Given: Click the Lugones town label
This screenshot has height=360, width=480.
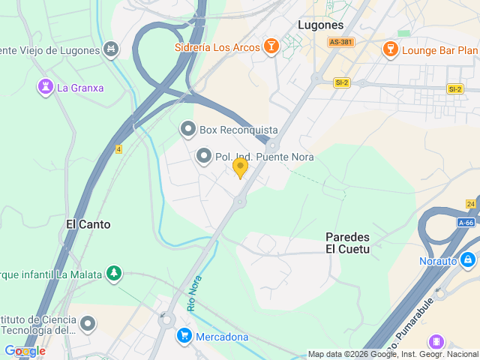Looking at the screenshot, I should [320, 25].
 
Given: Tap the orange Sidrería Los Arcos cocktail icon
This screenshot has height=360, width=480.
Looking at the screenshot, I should [271, 48].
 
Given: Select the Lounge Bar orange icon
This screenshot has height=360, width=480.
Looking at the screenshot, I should [389, 50].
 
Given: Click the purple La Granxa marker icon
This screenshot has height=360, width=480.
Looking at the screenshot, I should [45, 88].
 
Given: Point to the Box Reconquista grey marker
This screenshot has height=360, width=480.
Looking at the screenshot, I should [187, 130].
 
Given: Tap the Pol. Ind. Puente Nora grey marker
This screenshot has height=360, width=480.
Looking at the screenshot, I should [203, 157].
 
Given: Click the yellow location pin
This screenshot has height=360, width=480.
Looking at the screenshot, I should [240, 167].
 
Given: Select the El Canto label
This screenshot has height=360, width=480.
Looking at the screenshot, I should [88, 224].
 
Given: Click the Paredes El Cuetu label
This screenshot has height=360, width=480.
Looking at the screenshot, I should [347, 242].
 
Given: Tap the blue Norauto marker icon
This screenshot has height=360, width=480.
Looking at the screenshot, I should [468, 261].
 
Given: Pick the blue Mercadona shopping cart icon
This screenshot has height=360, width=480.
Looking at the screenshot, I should [183, 336].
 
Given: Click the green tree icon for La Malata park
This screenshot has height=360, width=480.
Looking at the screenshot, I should [113, 274].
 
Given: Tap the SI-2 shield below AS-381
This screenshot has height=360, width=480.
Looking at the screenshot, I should [342, 82].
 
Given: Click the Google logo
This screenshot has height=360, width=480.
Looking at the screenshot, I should [25, 351].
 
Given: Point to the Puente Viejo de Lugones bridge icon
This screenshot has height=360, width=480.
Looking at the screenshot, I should [111, 50].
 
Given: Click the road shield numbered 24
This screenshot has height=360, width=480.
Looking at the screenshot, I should [470, 204].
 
